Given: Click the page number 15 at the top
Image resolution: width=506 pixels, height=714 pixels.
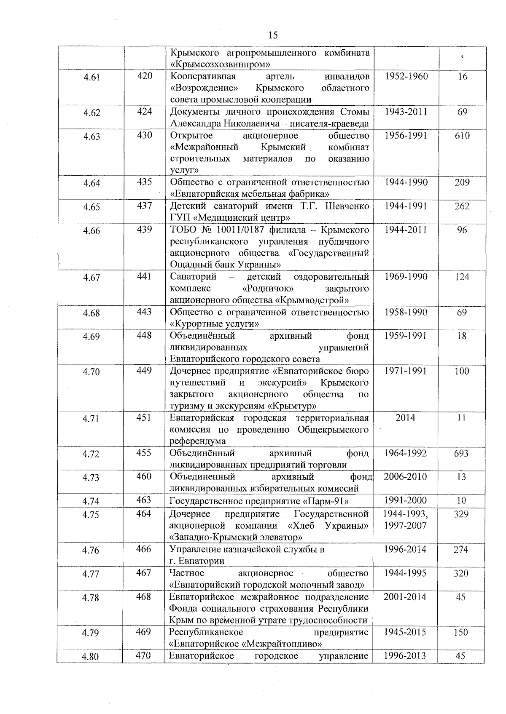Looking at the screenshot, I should tap(273, 35).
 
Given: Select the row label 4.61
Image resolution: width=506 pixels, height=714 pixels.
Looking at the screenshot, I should tap(92, 77).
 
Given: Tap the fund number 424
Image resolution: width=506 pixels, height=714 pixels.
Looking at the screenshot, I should tap(144, 112).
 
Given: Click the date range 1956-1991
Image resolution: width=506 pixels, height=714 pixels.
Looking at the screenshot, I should tap(406, 136).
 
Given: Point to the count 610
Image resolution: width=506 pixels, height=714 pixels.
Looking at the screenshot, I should tap(462, 136).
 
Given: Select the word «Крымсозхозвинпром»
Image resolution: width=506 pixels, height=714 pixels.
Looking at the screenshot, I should tap(220, 64).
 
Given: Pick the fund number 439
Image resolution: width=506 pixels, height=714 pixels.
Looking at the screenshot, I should tap(144, 230).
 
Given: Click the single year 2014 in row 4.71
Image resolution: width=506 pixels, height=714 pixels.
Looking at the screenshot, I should tap(405, 417).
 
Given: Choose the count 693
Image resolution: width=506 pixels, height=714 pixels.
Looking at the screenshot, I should tap(461, 453).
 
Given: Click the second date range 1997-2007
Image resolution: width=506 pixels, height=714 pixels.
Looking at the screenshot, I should tap(405, 525).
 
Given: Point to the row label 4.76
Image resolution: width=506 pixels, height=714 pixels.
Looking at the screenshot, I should tap(91, 550).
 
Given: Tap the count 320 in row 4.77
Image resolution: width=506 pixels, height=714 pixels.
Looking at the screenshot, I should tap(461, 573).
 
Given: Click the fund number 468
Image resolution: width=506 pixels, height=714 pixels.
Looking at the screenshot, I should tap(144, 596).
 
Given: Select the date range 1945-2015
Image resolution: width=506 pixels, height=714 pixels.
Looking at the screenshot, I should tap(405, 632).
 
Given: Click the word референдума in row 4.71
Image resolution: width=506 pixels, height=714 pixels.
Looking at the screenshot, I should tap(198, 441).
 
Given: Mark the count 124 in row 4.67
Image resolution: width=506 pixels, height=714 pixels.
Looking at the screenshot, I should tap(462, 277).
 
